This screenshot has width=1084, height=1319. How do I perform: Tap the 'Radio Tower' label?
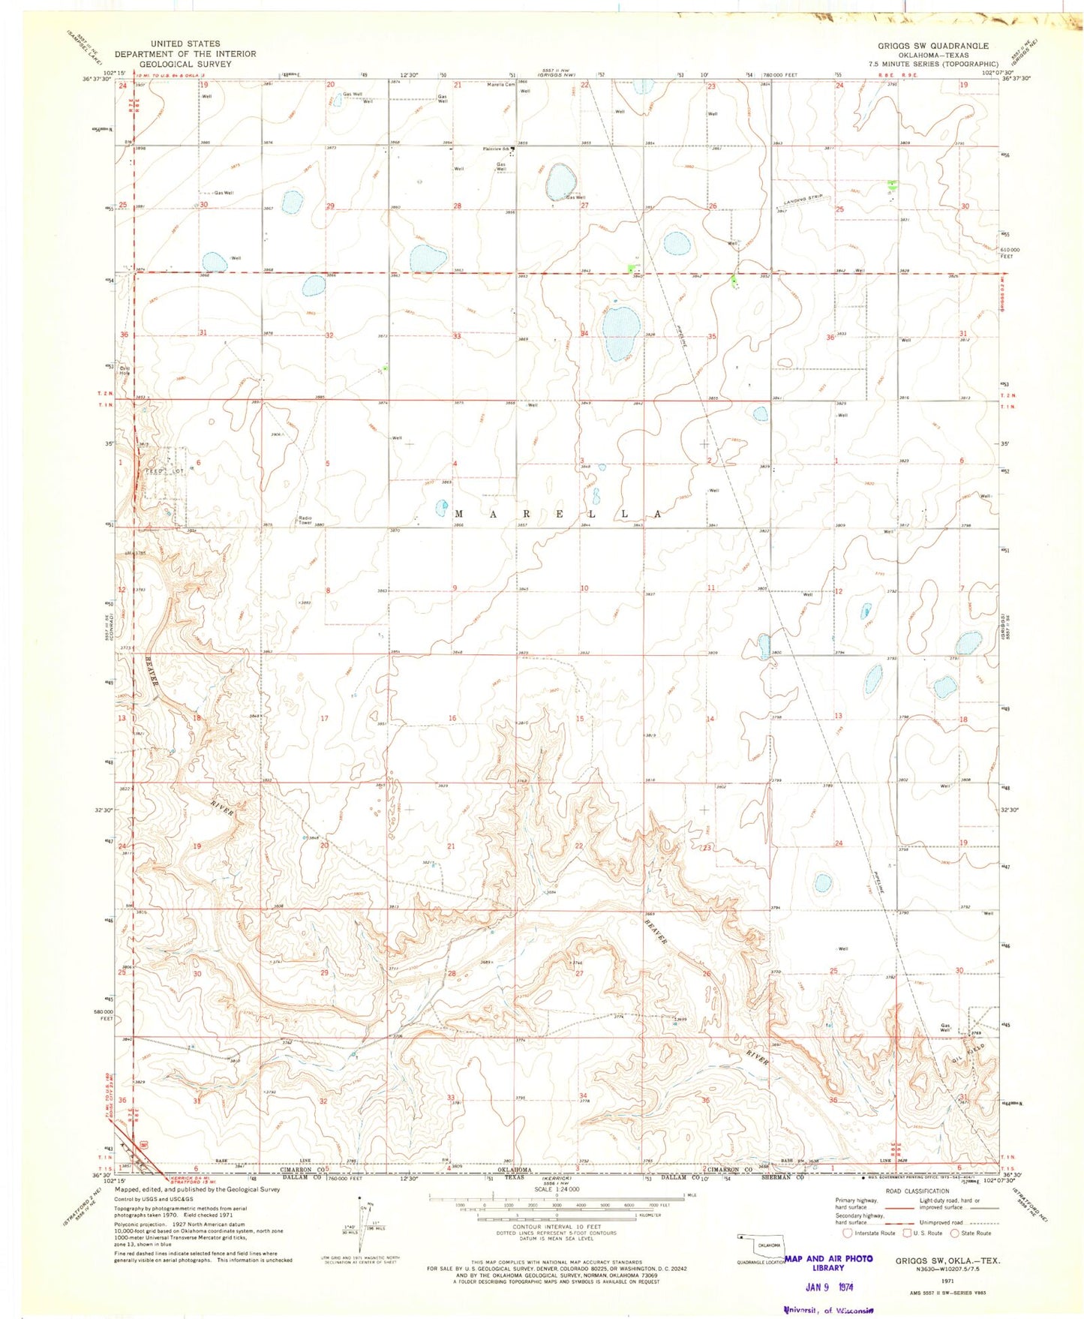click(x=305, y=520)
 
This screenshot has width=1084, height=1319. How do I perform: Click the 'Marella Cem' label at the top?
click(x=501, y=84)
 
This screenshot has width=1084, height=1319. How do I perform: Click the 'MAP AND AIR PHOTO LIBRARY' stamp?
click(x=828, y=1263)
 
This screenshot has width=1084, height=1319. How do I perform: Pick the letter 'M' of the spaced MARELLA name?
click(x=460, y=514)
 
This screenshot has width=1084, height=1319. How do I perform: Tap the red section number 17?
click(x=325, y=719)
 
